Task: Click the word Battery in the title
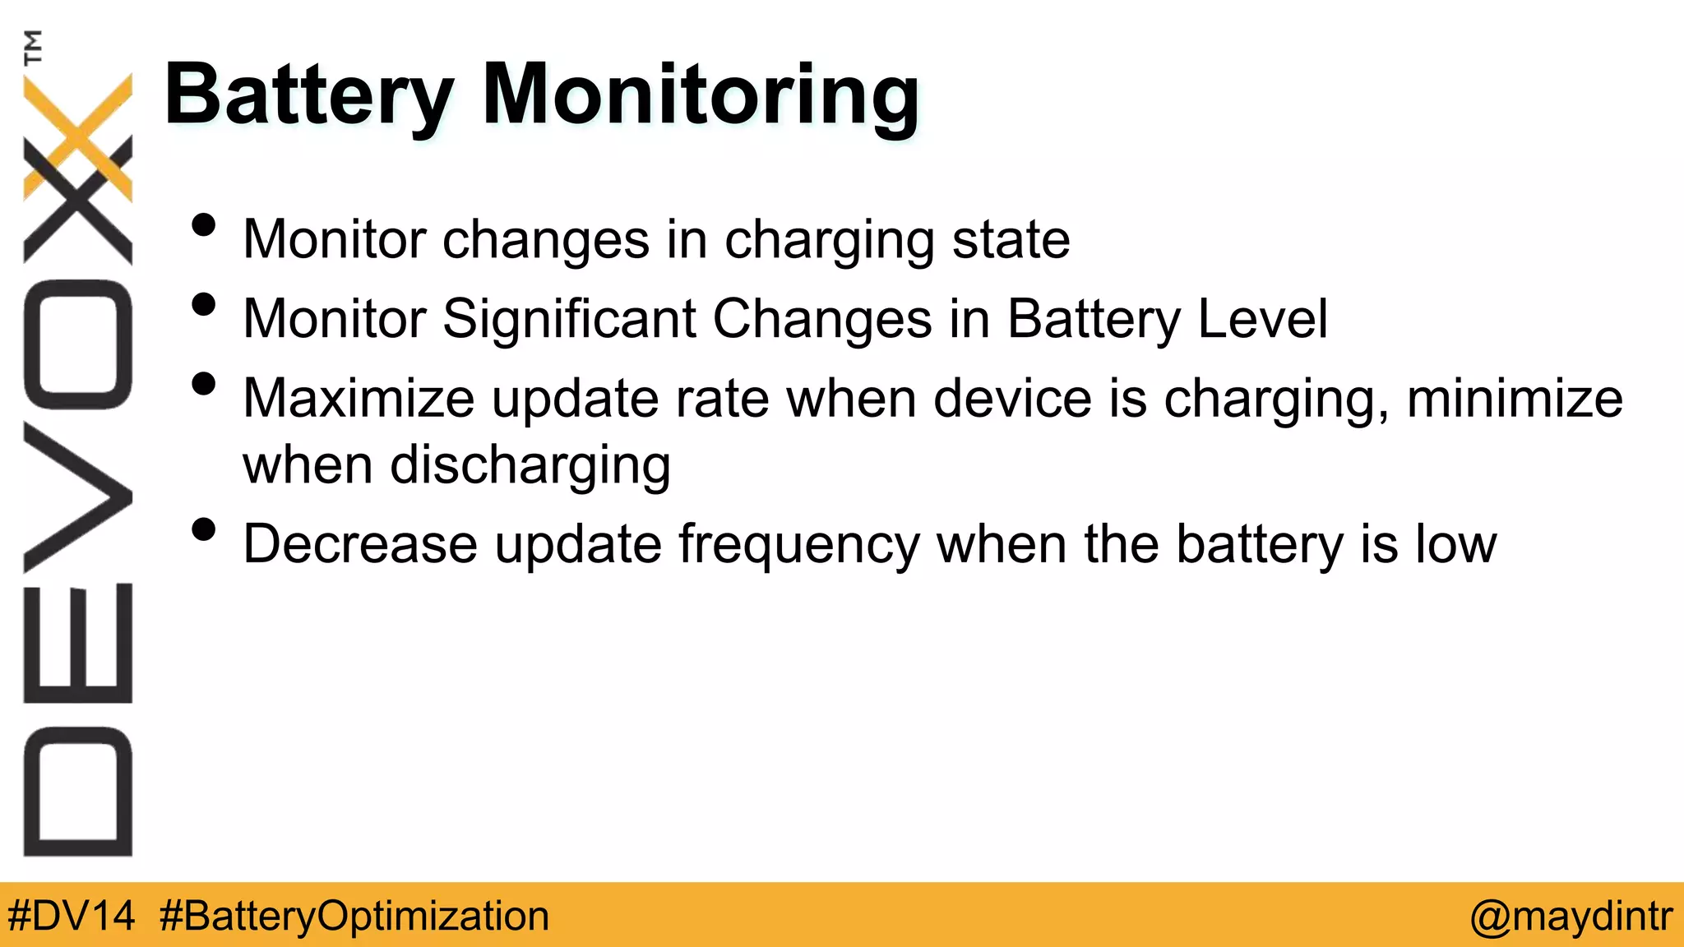(x=308, y=97)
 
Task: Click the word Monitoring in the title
(x=700, y=97)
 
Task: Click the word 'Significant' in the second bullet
(x=569, y=319)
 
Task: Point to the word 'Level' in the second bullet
(x=1262, y=319)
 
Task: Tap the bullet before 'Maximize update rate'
(x=203, y=384)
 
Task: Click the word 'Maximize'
(x=359, y=399)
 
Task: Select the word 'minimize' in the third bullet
(x=1515, y=399)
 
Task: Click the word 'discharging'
(x=530, y=466)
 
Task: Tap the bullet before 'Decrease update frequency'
(x=203, y=529)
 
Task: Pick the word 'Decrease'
(x=360, y=544)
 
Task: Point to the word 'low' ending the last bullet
(x=1455, y=544)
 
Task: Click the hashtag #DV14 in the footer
(x=71, y=916)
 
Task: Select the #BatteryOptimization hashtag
(x=354, y=916)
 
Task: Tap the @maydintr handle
(x=1571, y=916)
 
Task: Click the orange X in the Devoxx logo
(x=78, y=136)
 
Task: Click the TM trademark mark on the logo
(x=33, y=48)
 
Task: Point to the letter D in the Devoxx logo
(x=78, y=791)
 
